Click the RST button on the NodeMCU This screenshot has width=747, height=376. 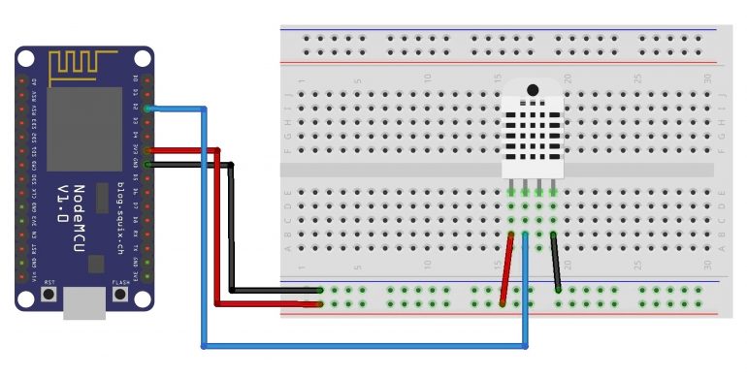click(x=49, y=293)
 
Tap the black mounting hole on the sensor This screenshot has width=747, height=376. click(x=533, y=90)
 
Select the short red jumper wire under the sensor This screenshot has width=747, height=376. click(x=506, y=268)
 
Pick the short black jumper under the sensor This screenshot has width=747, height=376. click(x=556, y=262)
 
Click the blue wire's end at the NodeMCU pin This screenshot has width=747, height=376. click(x=148, y=108)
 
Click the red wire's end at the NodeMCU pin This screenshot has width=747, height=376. click(x=148, y=150)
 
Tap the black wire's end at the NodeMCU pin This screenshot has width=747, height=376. click(x=148, y=164)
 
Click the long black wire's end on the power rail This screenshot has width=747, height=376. click(x=319, y=290)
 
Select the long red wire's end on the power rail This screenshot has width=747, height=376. click(x=319, y=303)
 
